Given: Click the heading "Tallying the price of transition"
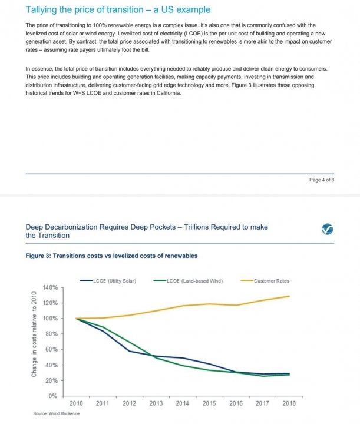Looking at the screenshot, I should coord(118,10).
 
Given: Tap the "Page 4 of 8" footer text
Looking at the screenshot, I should coord(322,180).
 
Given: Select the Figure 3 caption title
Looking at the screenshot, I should coord(112,256).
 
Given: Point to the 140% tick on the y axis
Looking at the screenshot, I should coord(49,287).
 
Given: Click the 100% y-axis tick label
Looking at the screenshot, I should coord(49,319).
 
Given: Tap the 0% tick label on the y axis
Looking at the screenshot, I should coord(52,396).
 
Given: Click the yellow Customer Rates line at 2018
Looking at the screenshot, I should coord(289,296).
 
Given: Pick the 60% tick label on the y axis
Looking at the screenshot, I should coord(51,350).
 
